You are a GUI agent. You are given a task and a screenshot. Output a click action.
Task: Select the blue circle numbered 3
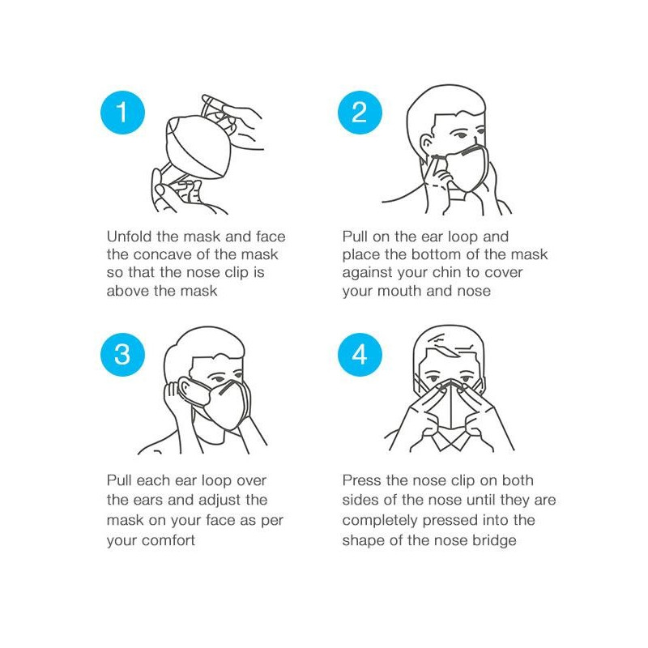click(x=122, y=354)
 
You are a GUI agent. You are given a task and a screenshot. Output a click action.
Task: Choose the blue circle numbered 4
click(x=359, y=354)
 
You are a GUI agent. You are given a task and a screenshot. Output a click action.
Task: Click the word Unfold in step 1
click(x=130, y=237)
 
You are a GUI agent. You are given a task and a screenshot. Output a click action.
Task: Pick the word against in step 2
click(x=369, y=272)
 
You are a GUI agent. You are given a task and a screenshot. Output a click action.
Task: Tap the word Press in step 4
click(x=363, y=480)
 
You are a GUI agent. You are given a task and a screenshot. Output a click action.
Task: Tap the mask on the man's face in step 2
click(x=466, y=170)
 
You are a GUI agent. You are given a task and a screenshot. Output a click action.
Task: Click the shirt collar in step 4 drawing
click(x=447, y=441)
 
